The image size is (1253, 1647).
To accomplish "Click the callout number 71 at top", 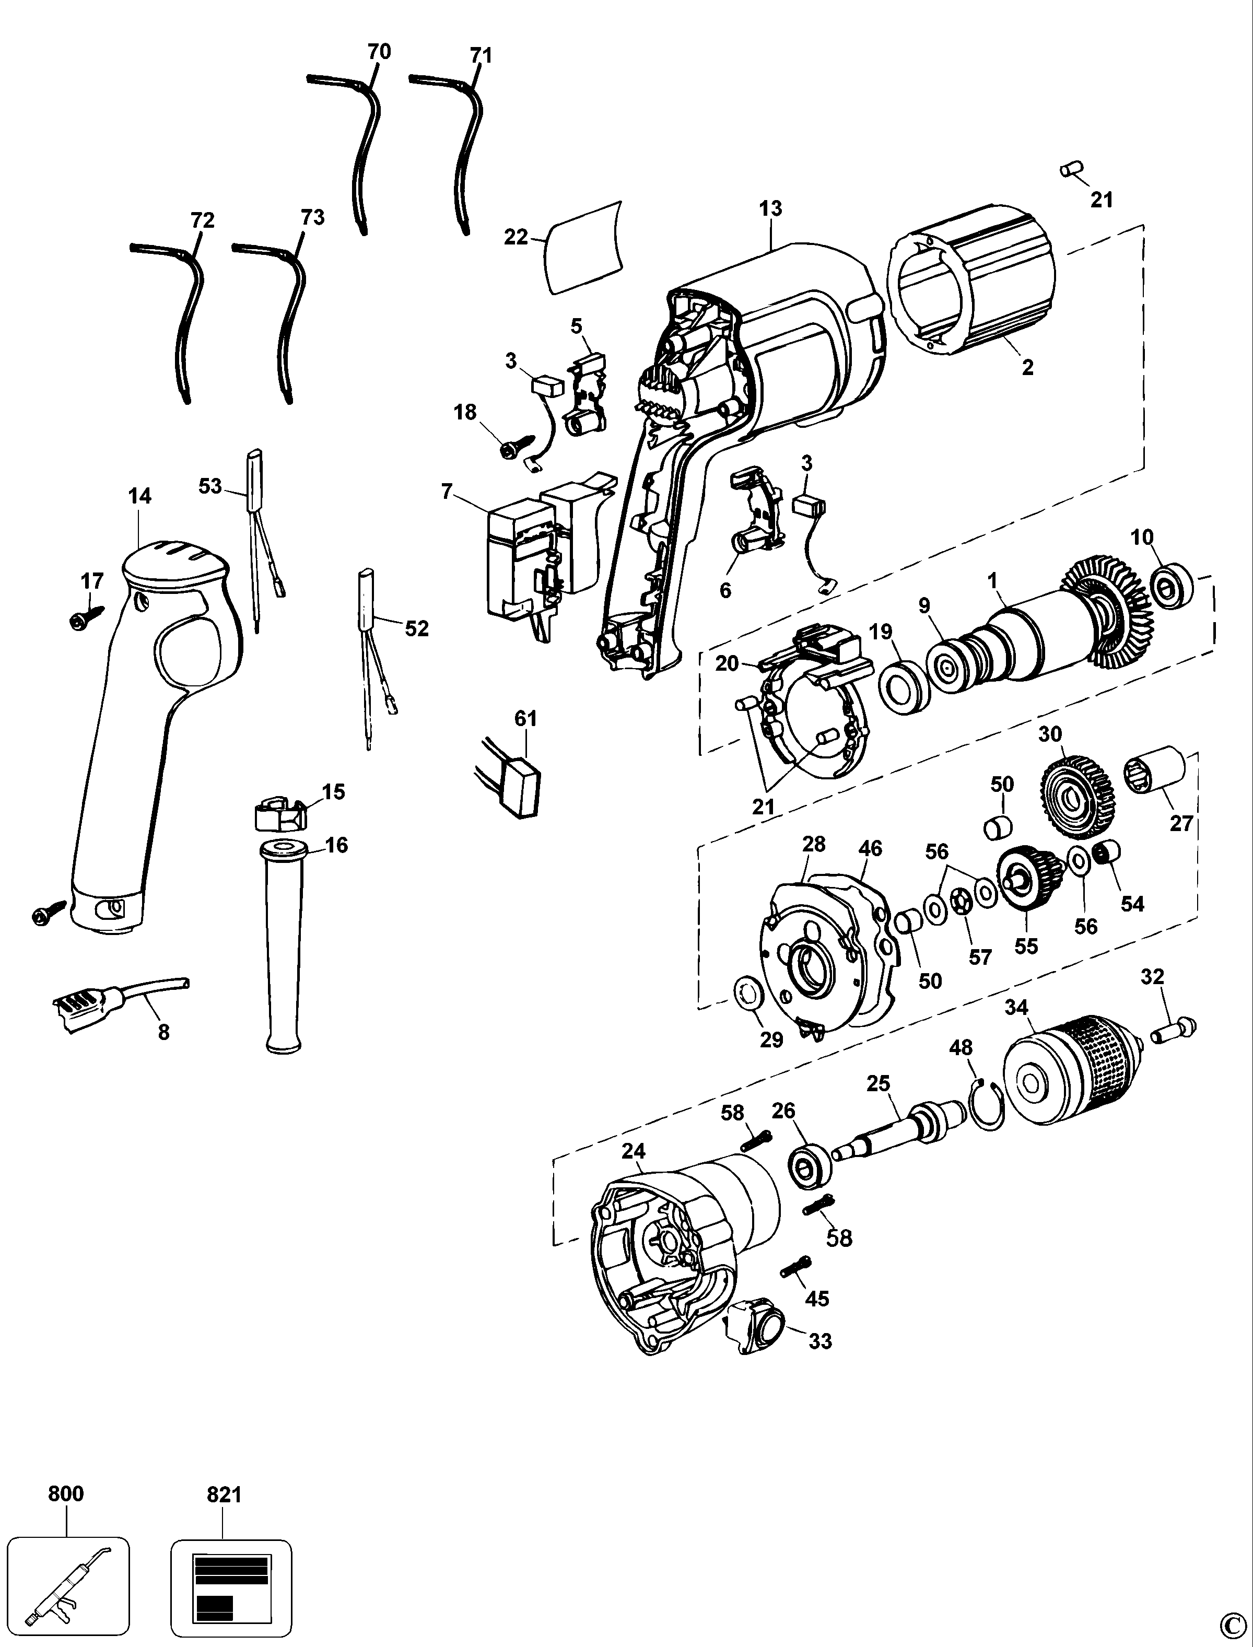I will coord(481,55).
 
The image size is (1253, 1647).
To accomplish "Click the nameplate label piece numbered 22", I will coord(583,246).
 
